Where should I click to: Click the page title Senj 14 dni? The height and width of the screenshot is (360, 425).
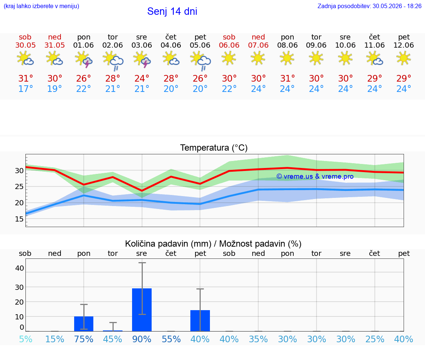pyautogui.click(x=172, y=11)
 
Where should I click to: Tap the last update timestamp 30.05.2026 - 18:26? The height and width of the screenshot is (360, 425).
pyautogui.click(x=397, y=6)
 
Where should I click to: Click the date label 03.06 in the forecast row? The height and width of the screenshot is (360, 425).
pyautogui.click(x=142, y=45)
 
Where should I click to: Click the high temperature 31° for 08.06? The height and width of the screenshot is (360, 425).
pyautogui.click(x=287, y=78)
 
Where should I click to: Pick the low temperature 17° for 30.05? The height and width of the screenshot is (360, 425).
pyautogui.click(x=25, y=89)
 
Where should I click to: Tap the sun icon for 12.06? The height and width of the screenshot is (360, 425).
pyautogui.click(x=404, y=58)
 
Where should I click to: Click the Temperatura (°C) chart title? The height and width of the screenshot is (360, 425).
pyautogui.click(x=214, y=148)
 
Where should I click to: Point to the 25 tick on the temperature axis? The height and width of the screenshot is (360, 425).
pyautogui.click(x=19, y=187)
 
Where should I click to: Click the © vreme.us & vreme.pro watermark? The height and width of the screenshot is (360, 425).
pyautogui.click(x=315, y=176)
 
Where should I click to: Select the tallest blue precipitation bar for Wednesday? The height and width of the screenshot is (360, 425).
pyautogui.click(x=142, y=310)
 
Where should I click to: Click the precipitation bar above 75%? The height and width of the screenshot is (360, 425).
pyautogui.click(x=84, y=324)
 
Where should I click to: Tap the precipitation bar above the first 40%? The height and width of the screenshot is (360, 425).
pyautogui.click(x=200, y=320)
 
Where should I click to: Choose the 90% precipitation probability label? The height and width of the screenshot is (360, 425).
pyautogui.click(x=142, y=339)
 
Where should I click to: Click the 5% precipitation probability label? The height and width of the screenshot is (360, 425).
pyautogui.click(x=26, y=339)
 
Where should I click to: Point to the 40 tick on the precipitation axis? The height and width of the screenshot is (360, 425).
pyautogui.click(x=20, y=268)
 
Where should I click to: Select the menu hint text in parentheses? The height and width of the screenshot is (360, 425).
pyautogui.click(x=41, y=6)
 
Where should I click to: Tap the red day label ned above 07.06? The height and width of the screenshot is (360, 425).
pyautogui.click(x=258, y=37)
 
